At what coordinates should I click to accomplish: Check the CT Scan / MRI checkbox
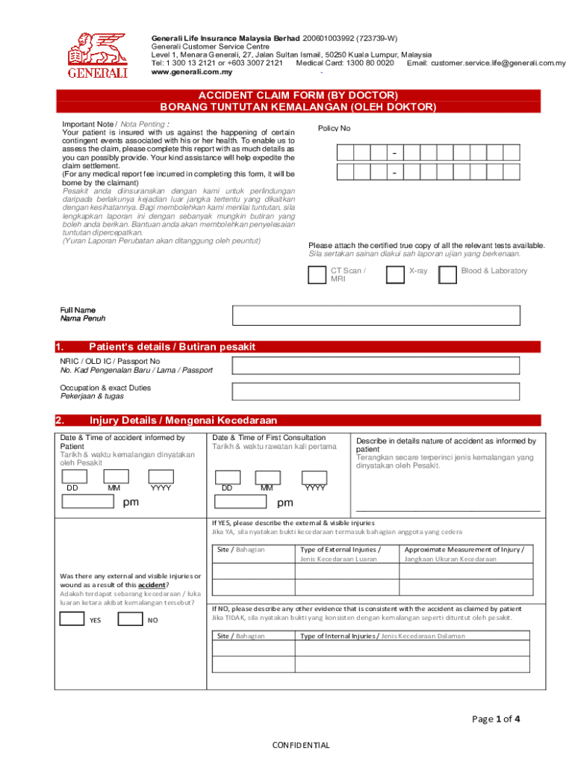317,275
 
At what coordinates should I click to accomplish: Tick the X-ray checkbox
395,275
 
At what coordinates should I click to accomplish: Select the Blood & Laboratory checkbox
447,275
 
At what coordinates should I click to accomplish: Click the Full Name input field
376,315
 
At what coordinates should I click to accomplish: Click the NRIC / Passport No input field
376,365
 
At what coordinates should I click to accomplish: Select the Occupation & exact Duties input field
376,392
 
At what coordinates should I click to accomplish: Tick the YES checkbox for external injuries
72,619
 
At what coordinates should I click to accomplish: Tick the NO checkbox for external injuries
131,619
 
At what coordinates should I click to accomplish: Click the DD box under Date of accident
74,477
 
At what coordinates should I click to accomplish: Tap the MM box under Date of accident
116,477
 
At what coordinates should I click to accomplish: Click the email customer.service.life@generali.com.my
497,64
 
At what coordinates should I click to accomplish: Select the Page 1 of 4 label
496,719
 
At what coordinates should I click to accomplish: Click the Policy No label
334,128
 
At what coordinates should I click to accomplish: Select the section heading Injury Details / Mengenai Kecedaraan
183,420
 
